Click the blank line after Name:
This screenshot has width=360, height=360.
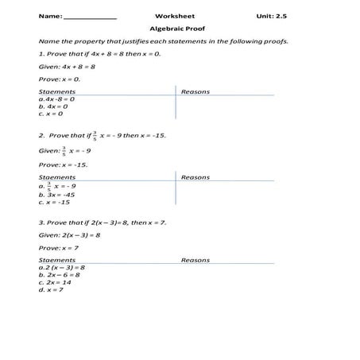point(90,17)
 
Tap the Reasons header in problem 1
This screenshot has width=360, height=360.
point(195,91)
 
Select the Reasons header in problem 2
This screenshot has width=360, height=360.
point(195,177)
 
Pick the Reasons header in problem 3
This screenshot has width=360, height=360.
point(195,261)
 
